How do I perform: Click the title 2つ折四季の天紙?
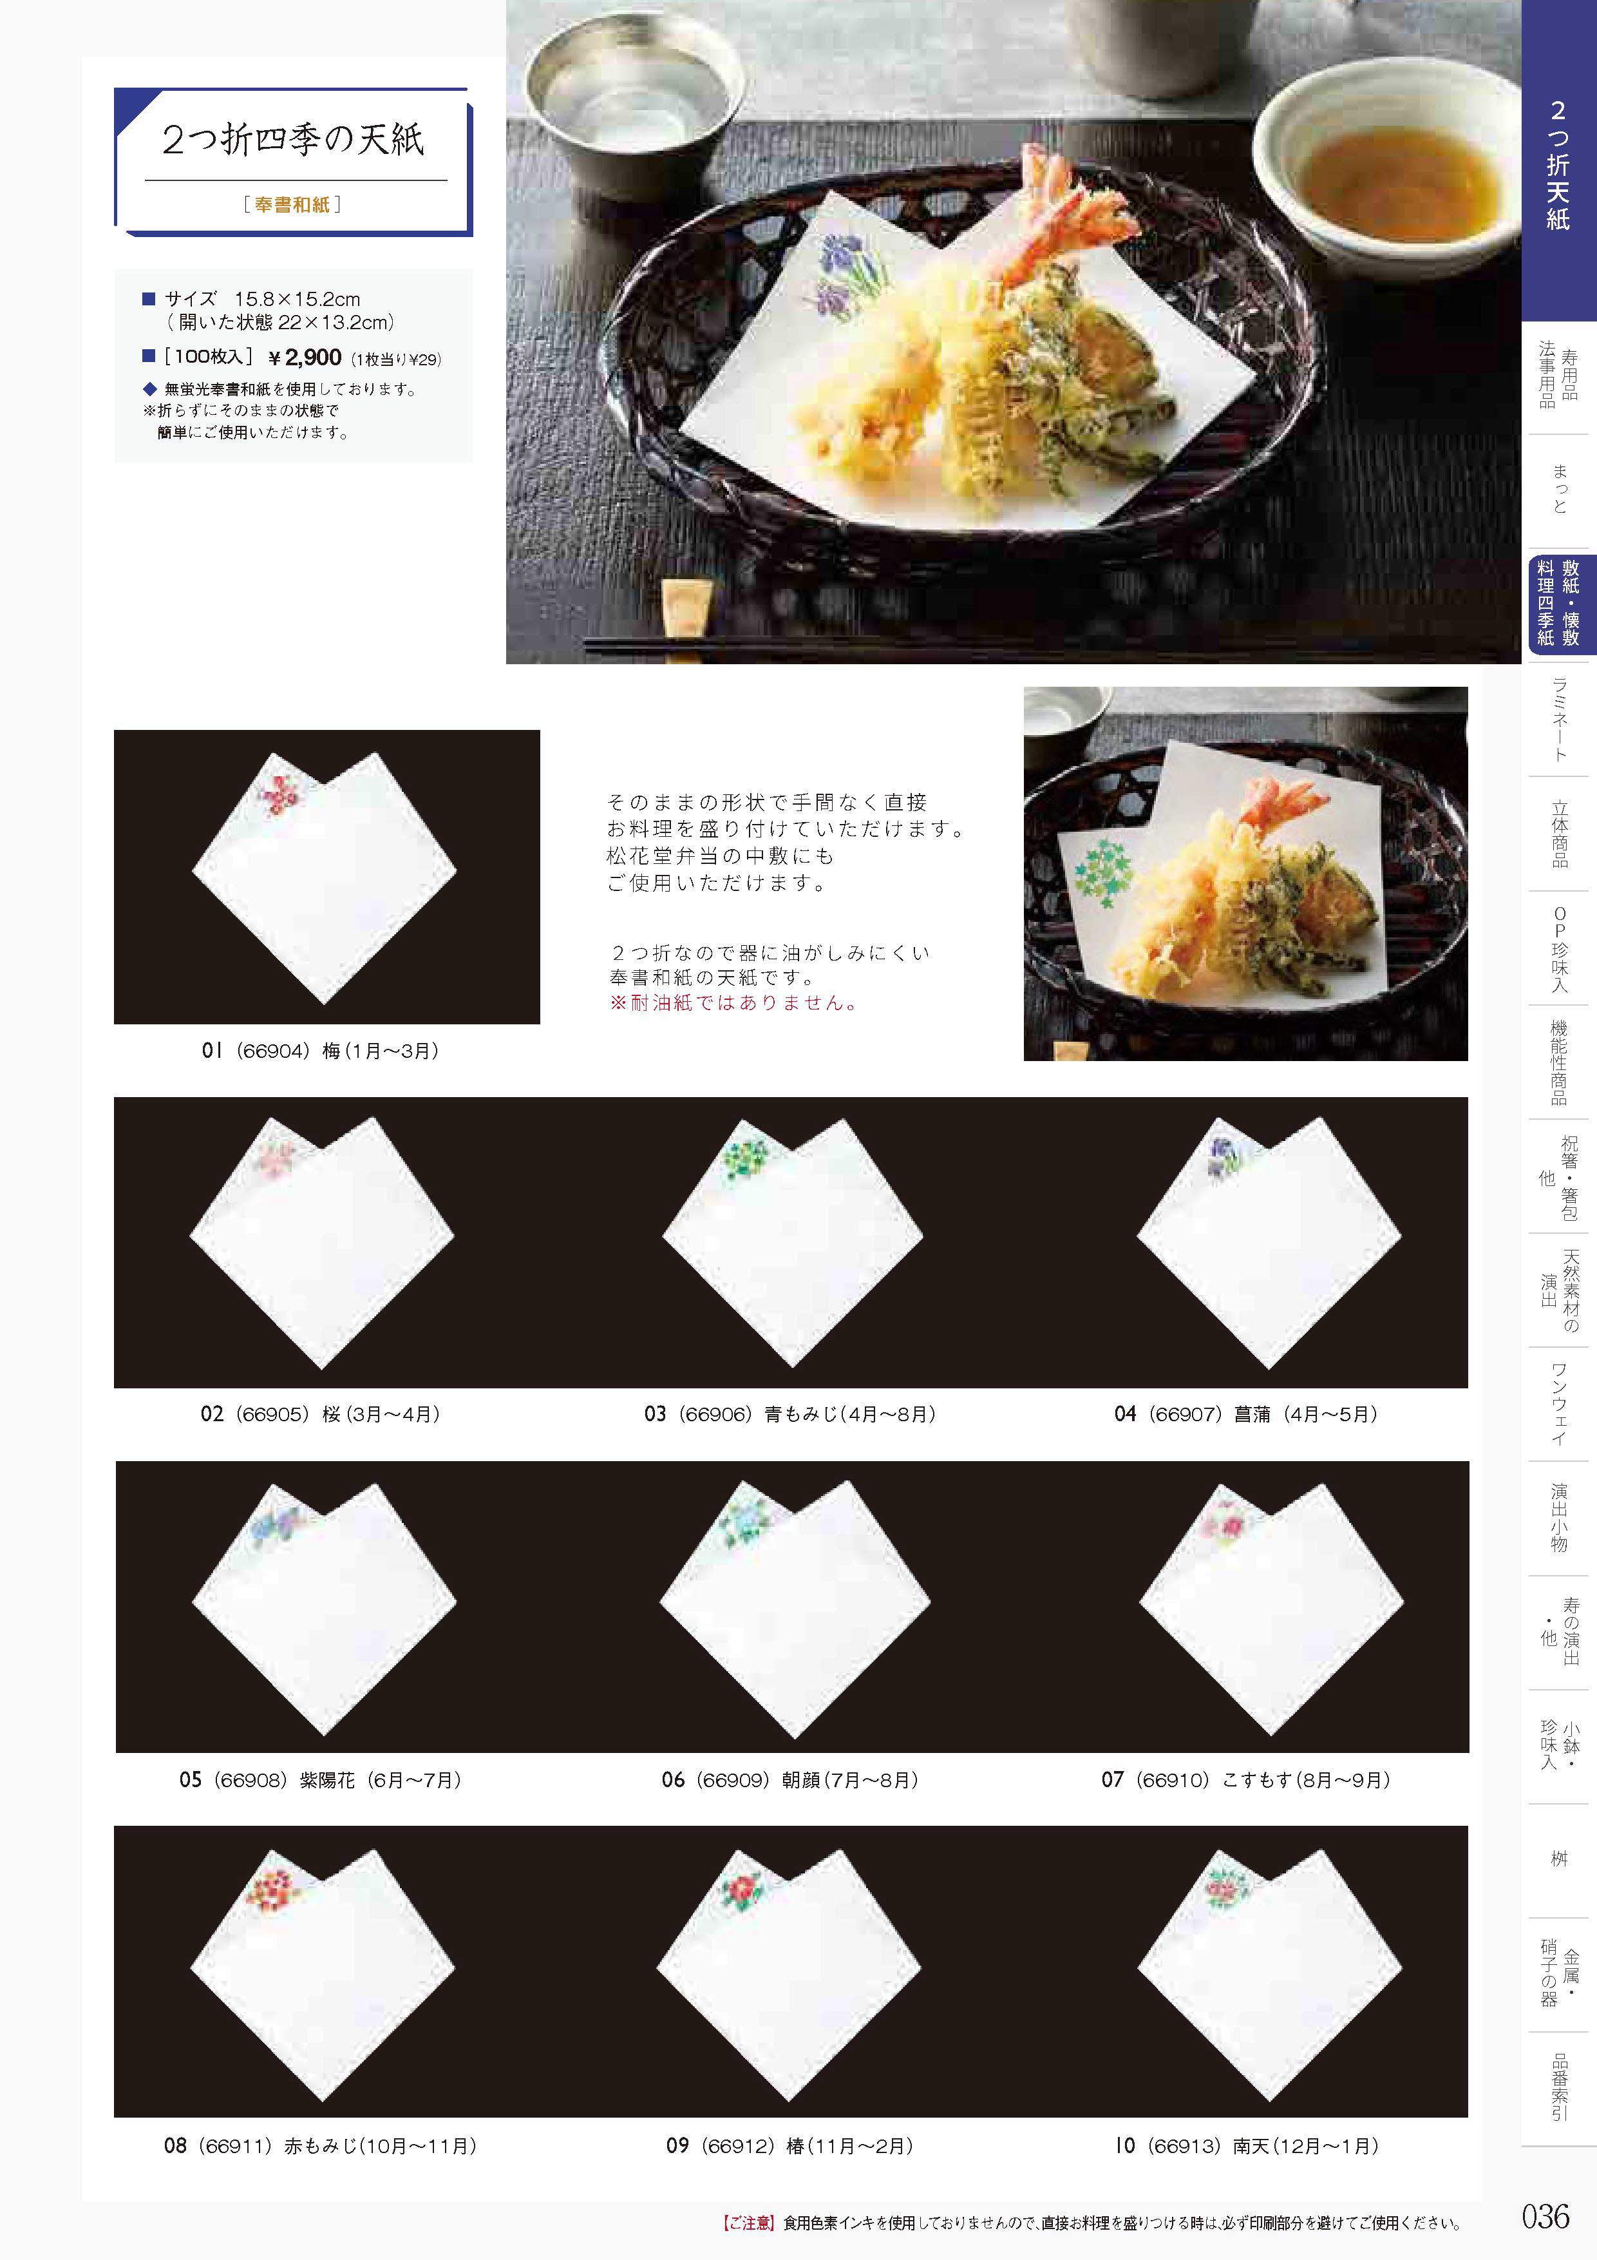(293, 140)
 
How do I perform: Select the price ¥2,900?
(305, 358)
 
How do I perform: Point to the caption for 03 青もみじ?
(790, 1415)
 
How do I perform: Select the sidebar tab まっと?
(1560, 489)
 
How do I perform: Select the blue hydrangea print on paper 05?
(276, 1527)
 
